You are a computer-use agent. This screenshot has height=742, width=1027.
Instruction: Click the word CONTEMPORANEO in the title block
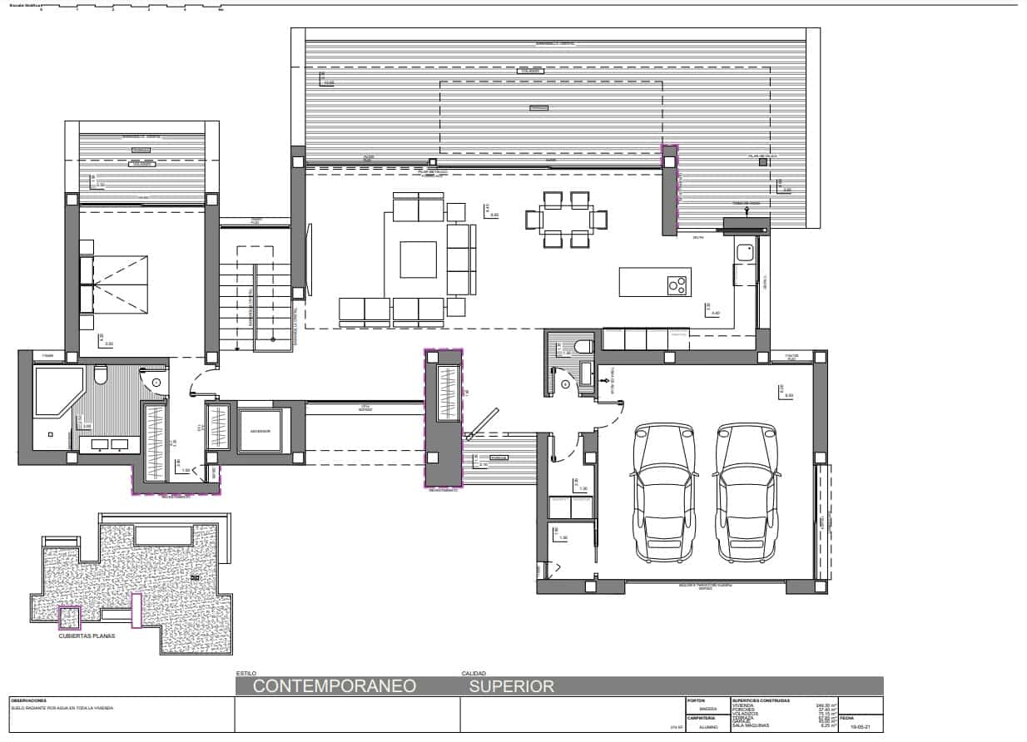pyautogui.click(x=334, y=686)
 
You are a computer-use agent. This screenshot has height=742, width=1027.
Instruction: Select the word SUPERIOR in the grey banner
pyautogui.click(x=511, y=686)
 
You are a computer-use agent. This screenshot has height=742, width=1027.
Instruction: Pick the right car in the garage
pyautogui.click(x=746, y=492)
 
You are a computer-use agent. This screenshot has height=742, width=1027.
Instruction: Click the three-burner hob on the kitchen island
pyautogui.click(x=678, y=284)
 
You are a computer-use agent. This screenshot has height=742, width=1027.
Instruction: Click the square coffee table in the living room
pyautogui.click(x=418, y=260)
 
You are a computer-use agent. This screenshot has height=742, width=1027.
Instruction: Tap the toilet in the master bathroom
pyautogui.click(x=101, y=376)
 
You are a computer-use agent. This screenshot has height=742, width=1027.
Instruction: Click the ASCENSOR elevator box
pyautogui.click(x=260, y=430)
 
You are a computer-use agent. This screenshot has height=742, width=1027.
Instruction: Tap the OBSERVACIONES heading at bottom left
pyautogui.click(x=28, y=700)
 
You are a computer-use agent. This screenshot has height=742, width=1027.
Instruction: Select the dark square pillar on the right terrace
pyautogui.click(x=762, y=163)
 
